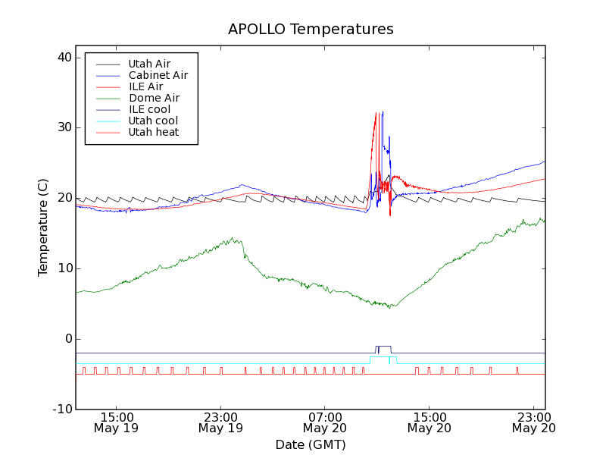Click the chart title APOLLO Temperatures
click(x=311, y=30)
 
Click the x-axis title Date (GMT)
click(x=311, y=444)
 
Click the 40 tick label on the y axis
click(x=64, y=58)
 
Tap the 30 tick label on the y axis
click(x=64, y=127)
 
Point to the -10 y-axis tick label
click(x=61, y=409)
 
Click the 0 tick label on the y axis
click(x=67, y=339)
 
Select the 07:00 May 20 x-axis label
click(x=325, y=422)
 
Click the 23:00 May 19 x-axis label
click(x=220, y=422)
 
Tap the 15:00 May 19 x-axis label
click(x=117, y=422)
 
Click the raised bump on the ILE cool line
click(x=383, y=347)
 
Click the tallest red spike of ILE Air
click(x=376, y=114)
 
